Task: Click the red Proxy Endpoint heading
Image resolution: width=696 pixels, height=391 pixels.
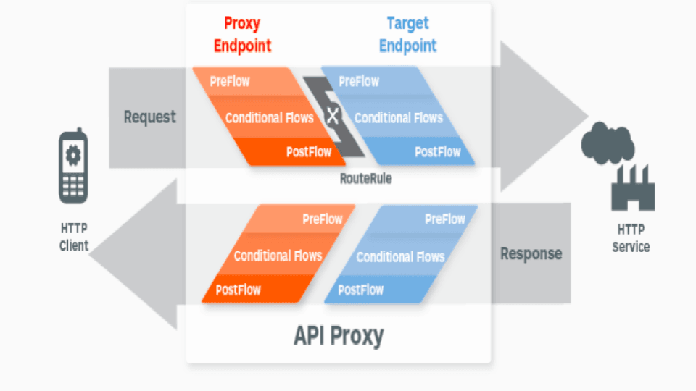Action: tap(242, 35)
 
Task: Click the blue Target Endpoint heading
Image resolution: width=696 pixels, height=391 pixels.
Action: tap(407, 35)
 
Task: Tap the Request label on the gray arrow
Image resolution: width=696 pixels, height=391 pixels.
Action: tap(149, 117)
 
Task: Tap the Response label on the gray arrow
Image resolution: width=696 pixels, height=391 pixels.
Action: tap(531, 253)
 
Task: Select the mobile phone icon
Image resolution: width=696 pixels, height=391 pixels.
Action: tap(72, 167)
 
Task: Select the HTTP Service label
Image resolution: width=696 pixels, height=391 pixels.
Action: tap(631, 237)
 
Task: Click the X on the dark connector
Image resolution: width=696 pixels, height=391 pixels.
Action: tap(333, 115)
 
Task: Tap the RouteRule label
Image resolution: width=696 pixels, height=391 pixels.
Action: tap(365, 178)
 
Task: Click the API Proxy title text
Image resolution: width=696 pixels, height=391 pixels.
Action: tap(339, 335)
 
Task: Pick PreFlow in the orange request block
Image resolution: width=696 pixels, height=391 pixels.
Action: tap(230, 82)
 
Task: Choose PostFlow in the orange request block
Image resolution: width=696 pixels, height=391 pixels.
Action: tap(309, 152)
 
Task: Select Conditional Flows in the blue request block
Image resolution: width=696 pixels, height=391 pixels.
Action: tap(398, 117)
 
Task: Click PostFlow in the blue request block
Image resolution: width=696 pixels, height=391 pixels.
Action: tap(437, 152)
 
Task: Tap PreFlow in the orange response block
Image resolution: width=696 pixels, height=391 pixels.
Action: tap(323, 219)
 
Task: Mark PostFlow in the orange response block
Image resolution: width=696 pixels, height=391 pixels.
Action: tap(238, 290)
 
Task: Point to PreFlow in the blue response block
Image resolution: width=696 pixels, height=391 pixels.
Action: tap(445, 219)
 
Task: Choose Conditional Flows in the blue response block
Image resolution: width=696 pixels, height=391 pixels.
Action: tap(400, 257)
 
